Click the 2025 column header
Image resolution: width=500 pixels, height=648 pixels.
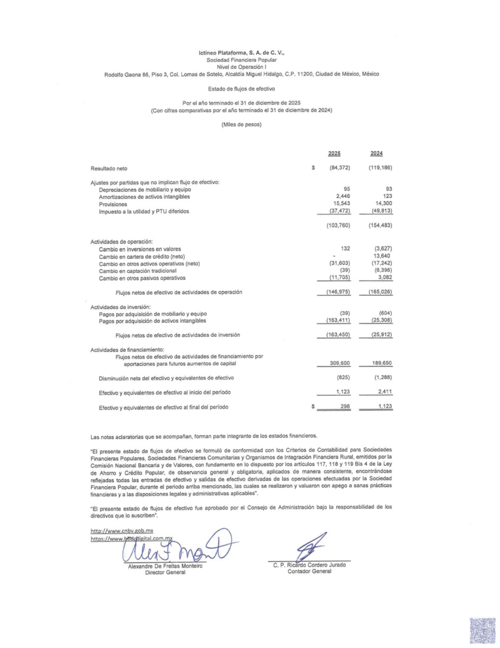334,154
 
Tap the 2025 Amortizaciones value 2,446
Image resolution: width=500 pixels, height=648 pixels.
340,197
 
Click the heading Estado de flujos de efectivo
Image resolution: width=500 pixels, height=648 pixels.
241,89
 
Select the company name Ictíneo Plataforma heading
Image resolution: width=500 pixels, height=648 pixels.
241,53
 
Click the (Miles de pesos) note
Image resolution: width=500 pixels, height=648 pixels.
241,124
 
